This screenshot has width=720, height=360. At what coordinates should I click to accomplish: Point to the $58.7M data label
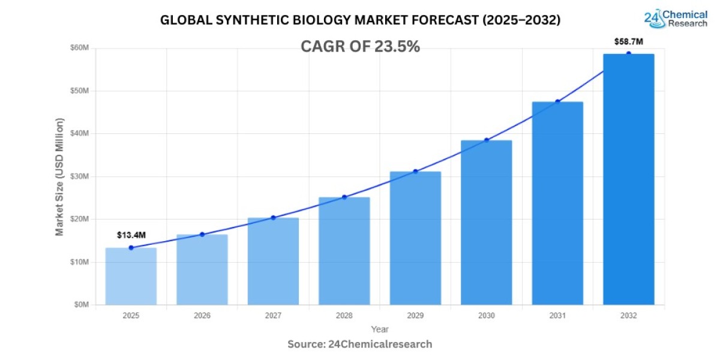coord(628,41)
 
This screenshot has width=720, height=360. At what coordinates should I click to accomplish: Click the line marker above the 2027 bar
coord(273,218)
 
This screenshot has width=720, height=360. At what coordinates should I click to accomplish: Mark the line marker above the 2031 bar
coord(557,101)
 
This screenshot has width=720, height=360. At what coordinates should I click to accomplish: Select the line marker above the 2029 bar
coord(415,172)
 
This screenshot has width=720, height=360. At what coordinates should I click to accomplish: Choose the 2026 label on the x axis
coord(202,316)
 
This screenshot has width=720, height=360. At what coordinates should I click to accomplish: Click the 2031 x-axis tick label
coord(557,316)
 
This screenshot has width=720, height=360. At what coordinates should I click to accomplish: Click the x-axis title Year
coord(379,329)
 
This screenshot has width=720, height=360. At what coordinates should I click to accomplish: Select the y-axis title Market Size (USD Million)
coord(59,176)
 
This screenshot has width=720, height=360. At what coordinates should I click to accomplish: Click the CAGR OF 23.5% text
coord(360,47)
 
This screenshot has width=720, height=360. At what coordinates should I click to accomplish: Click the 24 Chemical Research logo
coord(676,18)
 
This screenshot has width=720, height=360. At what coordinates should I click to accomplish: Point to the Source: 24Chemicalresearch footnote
coord(359,344)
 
